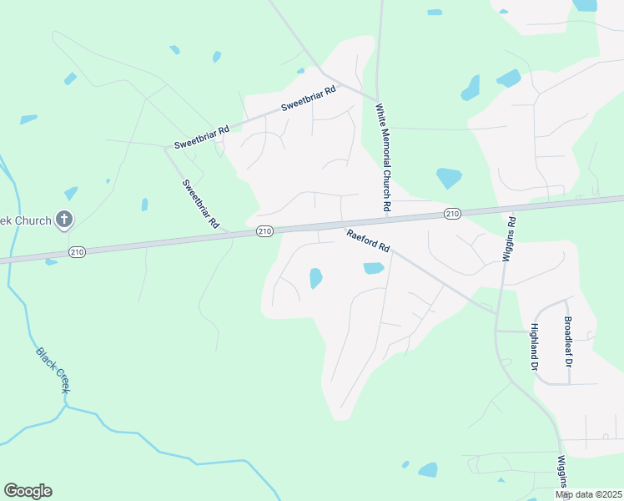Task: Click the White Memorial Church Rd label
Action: point(384,156)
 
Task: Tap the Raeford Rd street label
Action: point(369,241)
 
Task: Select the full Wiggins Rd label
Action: point(510,240)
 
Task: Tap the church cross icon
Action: point(64,220)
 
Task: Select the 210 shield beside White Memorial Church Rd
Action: point(452,214)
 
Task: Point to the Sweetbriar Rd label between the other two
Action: point(201,136)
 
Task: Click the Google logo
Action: point(28,491)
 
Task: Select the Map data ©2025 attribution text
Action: point(588,494)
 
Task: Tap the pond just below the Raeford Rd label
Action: point(373,268)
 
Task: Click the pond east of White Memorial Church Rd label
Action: point(449,178)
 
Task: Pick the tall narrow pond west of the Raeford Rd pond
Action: point(315,278)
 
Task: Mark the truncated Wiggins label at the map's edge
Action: point(563,472)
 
